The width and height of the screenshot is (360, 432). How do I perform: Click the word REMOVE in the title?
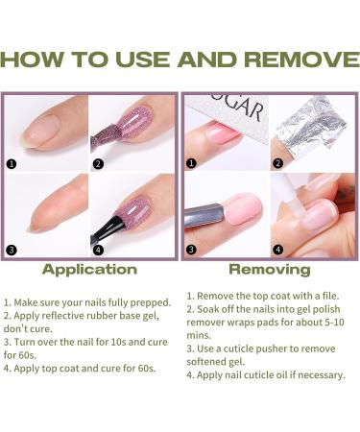tap(302, 60)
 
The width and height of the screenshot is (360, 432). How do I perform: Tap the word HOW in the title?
tap(32, 60)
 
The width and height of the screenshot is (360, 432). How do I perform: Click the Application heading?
tap(89, 270)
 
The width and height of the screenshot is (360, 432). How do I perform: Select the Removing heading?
tap(270, 270)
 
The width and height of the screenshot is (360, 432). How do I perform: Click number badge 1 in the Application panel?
tap(12, 164)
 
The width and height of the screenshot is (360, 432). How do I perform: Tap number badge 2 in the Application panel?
tap(98, 164)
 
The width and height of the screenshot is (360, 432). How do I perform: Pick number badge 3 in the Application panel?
tap(12, 250)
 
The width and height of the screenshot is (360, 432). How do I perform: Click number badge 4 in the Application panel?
tap(98, 250)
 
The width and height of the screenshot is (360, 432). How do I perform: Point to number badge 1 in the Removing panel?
tap(191, 163)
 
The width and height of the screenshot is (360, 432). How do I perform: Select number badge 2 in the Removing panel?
tap(277, 163)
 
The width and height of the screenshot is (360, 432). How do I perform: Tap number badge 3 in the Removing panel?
tap(191, 250)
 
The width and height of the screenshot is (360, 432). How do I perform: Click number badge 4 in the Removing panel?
tap(277, 250)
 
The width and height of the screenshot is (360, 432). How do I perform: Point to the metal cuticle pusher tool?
tap(204, 215)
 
